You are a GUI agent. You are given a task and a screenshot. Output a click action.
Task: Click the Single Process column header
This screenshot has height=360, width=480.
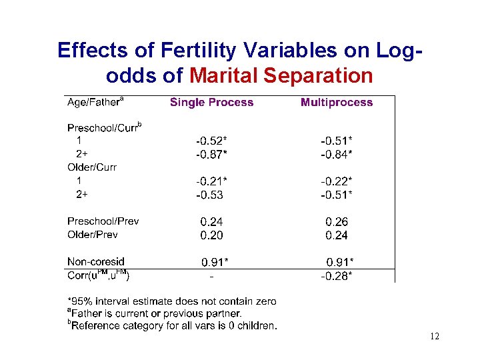211,103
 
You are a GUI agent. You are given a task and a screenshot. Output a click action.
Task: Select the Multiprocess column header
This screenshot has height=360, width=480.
337,103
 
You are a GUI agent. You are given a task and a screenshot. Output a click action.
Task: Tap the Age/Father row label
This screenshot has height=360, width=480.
95,102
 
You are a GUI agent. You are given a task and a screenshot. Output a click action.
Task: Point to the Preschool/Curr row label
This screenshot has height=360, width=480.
105,127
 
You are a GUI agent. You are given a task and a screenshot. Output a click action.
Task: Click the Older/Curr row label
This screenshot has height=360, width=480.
92,167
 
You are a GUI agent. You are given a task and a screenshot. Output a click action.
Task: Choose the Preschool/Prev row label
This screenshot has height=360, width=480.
103,221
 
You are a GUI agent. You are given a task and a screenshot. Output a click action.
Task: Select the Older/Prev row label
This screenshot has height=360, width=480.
93,235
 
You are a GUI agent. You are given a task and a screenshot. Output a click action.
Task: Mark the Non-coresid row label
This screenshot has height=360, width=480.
96,262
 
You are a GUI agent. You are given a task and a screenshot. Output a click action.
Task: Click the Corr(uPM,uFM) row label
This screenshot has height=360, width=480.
99,275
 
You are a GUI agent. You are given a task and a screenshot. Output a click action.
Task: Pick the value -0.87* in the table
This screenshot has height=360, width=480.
211,155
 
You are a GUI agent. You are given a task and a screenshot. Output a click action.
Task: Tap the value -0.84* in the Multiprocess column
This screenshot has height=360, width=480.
337,155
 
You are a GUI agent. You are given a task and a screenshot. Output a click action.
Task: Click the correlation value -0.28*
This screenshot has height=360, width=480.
337,275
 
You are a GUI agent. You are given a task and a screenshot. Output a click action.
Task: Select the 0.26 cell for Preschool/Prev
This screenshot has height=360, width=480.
337,222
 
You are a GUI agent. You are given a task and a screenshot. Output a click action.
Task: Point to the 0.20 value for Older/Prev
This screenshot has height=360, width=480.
211,235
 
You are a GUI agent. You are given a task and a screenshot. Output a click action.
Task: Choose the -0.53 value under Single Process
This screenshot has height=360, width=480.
209,195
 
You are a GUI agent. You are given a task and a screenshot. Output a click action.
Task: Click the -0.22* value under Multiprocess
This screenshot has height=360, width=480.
337,181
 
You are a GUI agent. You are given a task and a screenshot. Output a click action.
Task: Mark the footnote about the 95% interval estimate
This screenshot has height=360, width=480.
172,301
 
